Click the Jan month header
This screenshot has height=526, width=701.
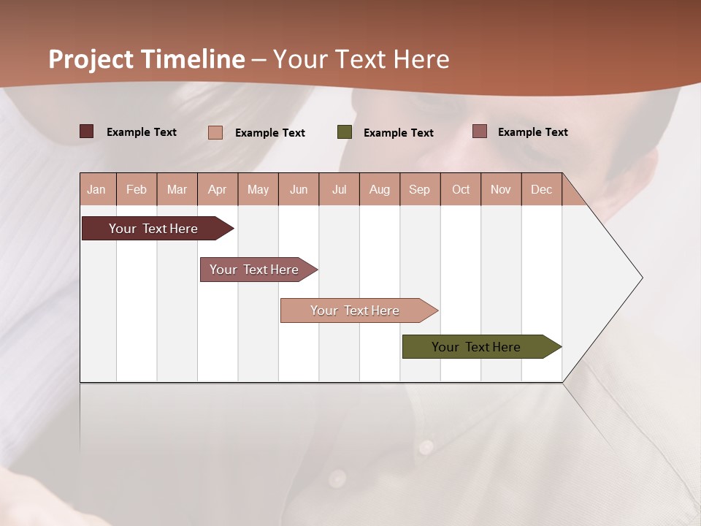click(x=96, y=189)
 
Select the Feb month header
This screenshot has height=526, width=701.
click(x=137, y=189)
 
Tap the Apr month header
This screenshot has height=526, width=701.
click(x=217, y=189)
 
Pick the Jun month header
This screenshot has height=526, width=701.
click(x=299, y=189)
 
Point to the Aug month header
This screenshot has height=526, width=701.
click(x=379, y=189)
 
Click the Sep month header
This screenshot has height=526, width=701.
click(x=419, y=189)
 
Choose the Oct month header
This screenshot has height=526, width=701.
click(x=461, y=189)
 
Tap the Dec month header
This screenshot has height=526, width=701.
click(x=541, y=189)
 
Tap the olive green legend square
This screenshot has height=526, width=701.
click(x=345, y=132)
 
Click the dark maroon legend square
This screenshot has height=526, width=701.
click(x=86, y=131)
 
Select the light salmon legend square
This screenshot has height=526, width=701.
click(x=215, y=132)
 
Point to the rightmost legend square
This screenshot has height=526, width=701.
click(x=479, y=131)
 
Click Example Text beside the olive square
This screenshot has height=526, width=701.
click(x=398, y=133)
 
